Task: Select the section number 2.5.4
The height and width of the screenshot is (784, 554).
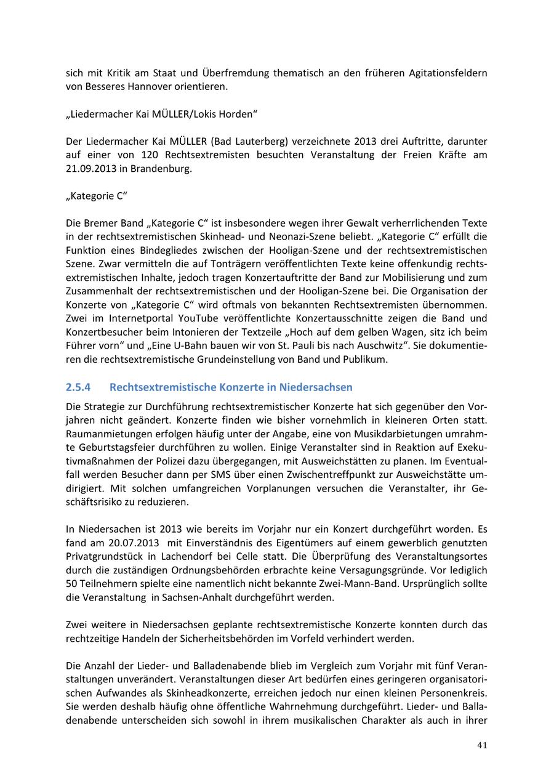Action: coord(78,387)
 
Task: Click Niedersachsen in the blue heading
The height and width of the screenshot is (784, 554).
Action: coord(316,387)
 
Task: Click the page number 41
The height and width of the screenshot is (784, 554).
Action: coord(482,745)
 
